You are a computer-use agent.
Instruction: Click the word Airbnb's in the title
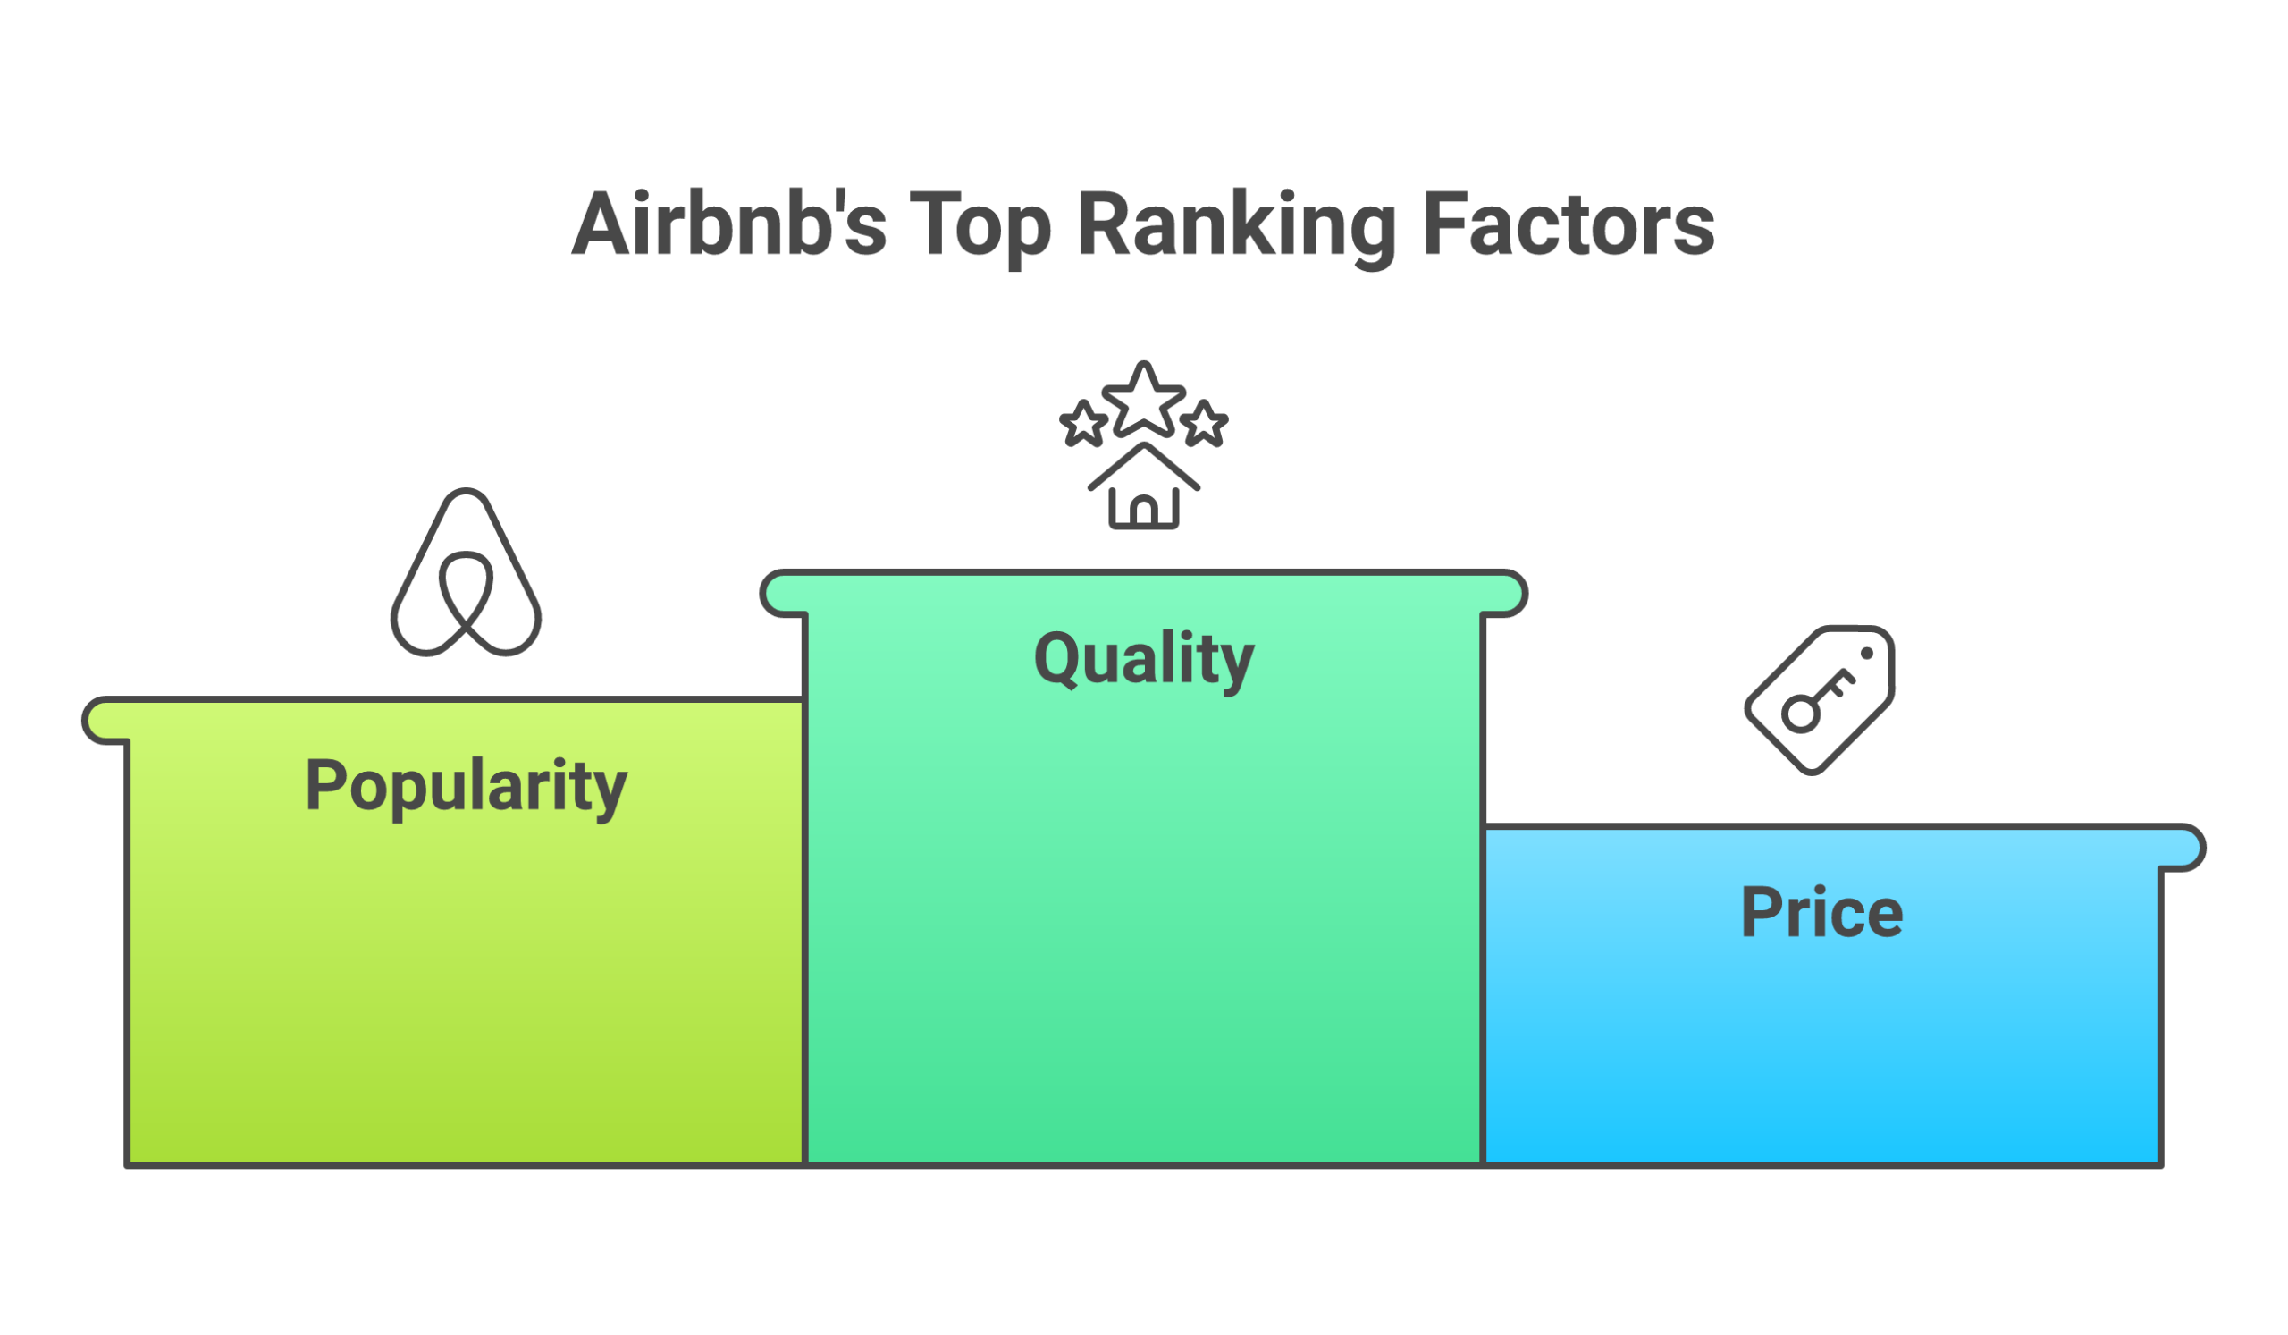click(x=728, y=224)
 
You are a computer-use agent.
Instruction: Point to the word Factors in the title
click(x=1568, y=224)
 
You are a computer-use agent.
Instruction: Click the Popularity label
click(x=466, y=787)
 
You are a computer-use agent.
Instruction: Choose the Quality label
click(x=1144, y=659)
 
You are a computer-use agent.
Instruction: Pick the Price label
click(x=1821, y=913)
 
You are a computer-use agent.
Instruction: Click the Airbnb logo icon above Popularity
click(x=466, y=573)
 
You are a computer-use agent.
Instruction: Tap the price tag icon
click(x=1820, y=700)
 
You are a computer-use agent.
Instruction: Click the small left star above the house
click(x=1083, y=424)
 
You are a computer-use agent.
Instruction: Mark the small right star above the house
click(x=1205, y=424)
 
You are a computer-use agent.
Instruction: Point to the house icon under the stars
click(x=1144, y=490)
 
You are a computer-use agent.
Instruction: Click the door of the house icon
click(x=1144, y=513)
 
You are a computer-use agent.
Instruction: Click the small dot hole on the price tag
click(x=1867, y=654)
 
